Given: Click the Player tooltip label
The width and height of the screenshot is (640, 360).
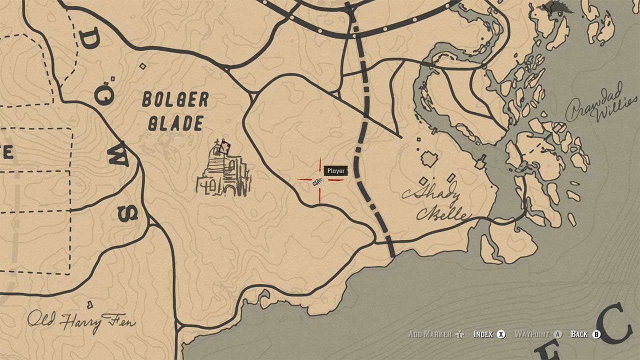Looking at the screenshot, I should [335, 171].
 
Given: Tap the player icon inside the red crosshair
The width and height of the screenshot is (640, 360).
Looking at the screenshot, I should [317, 182].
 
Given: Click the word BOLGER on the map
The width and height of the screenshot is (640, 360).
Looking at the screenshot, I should [175, 100].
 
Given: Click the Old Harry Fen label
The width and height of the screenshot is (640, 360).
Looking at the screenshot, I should [81, 321].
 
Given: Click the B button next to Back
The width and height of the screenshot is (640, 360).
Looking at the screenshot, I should [596, 334].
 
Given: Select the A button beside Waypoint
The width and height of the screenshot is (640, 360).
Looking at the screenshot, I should [558, 334].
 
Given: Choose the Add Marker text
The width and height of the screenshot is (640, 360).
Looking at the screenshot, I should [430, 334].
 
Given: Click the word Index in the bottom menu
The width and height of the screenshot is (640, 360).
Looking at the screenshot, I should [483, 334].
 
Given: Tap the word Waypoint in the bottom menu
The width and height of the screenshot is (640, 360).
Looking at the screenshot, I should [532, 334].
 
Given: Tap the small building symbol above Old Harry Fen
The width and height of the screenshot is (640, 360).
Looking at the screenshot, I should [90, 304].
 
